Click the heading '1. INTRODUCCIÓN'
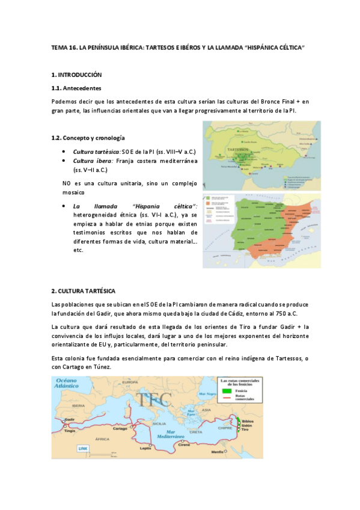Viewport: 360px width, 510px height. tap(77, 75)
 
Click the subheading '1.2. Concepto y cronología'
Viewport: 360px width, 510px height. tap(88, 138)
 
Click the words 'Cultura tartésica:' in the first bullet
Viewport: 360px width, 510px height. tap(97, 152)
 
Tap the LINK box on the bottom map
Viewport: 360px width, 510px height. tap(83, 449)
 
